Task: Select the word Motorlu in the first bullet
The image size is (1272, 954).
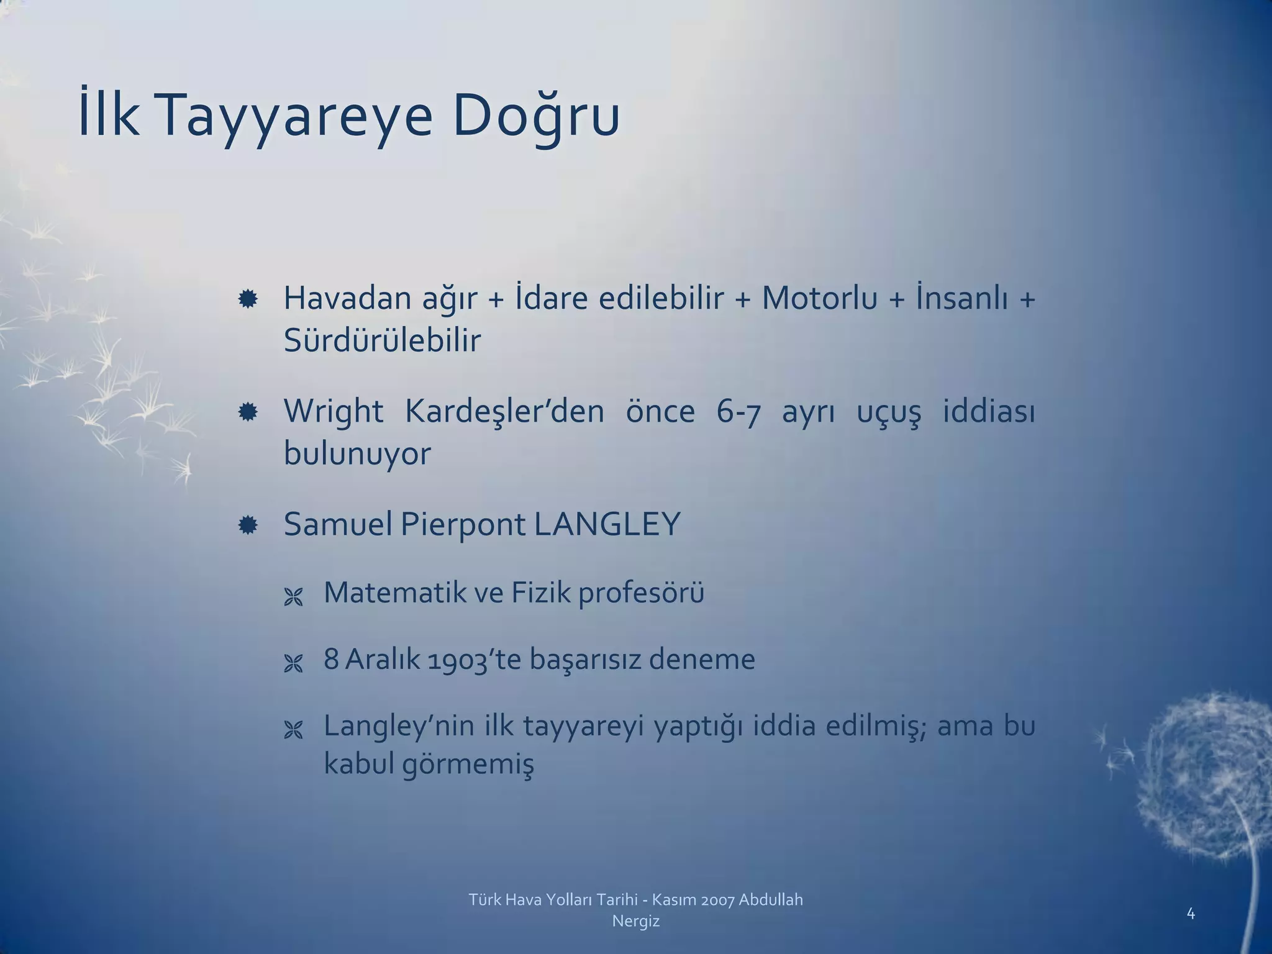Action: (819, 298)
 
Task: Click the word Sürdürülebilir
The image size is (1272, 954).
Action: (382, 340)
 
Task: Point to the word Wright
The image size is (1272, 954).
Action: (333, 411)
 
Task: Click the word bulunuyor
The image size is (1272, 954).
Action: (357, 453)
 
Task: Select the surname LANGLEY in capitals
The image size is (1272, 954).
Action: (607, 524)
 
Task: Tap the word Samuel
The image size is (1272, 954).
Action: (338, 524)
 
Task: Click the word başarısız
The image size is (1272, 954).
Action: (584, 659)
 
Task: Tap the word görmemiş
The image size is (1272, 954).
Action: (467, 764)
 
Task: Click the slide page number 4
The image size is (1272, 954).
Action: (1191, 913)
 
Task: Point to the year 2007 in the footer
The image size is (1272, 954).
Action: (717, 900)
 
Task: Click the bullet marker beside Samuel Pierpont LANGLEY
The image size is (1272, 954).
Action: (248, 525)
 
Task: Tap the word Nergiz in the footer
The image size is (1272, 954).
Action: (635, 922)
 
